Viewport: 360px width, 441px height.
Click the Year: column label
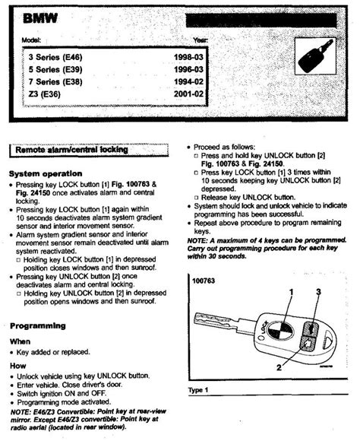201,40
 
